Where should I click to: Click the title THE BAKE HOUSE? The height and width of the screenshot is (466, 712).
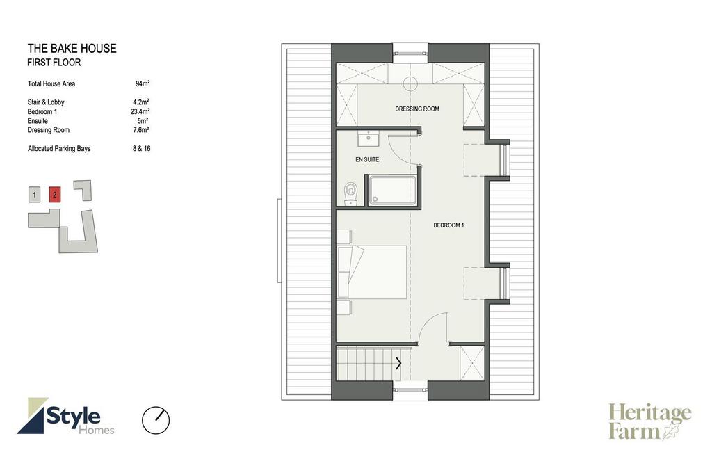point(72,49)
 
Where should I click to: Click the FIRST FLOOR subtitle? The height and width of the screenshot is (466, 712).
point(54,62)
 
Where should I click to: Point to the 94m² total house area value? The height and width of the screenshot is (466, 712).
point(143,83)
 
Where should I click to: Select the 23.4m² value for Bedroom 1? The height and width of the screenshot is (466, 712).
point(140,111)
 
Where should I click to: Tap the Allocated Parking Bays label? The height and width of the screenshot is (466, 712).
point(59,149)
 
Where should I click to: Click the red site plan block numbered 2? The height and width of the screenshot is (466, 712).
point(54,195)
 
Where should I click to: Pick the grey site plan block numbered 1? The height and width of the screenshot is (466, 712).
point(34,195)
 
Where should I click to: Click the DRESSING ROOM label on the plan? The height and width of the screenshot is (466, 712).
point(417,109)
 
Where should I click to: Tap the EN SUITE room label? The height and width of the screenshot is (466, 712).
point(367,160)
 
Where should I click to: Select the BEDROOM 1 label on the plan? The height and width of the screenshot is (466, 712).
point(448,225)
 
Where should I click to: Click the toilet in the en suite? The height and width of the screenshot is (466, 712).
point(350,194)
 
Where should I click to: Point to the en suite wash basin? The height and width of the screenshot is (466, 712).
point(369,139)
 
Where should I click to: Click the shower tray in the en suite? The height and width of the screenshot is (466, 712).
point(392,191)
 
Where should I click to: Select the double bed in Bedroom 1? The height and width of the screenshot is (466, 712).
point(372,272)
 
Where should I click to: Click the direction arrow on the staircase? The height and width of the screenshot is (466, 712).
point(398,363)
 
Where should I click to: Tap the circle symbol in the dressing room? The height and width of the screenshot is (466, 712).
point(410,83)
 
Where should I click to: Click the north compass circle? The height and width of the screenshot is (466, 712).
point(156,421)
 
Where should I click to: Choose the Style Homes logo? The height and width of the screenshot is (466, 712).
point(66,416)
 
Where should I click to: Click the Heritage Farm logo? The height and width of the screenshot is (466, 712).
point(650,422)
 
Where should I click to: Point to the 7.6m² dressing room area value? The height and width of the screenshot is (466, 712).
point(142,130)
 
